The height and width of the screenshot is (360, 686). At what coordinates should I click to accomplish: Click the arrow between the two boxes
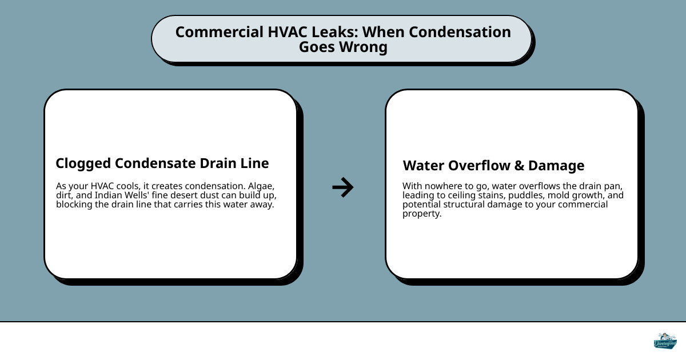[x=343, y=187]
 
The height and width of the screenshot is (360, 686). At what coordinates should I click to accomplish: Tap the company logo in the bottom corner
[x=665, y=341]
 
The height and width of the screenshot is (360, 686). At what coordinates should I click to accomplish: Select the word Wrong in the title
[x=366, y=47]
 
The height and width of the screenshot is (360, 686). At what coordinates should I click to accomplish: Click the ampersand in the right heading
[x=519, y=166]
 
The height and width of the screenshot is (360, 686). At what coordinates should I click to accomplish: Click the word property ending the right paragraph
[x=421, y=214]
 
